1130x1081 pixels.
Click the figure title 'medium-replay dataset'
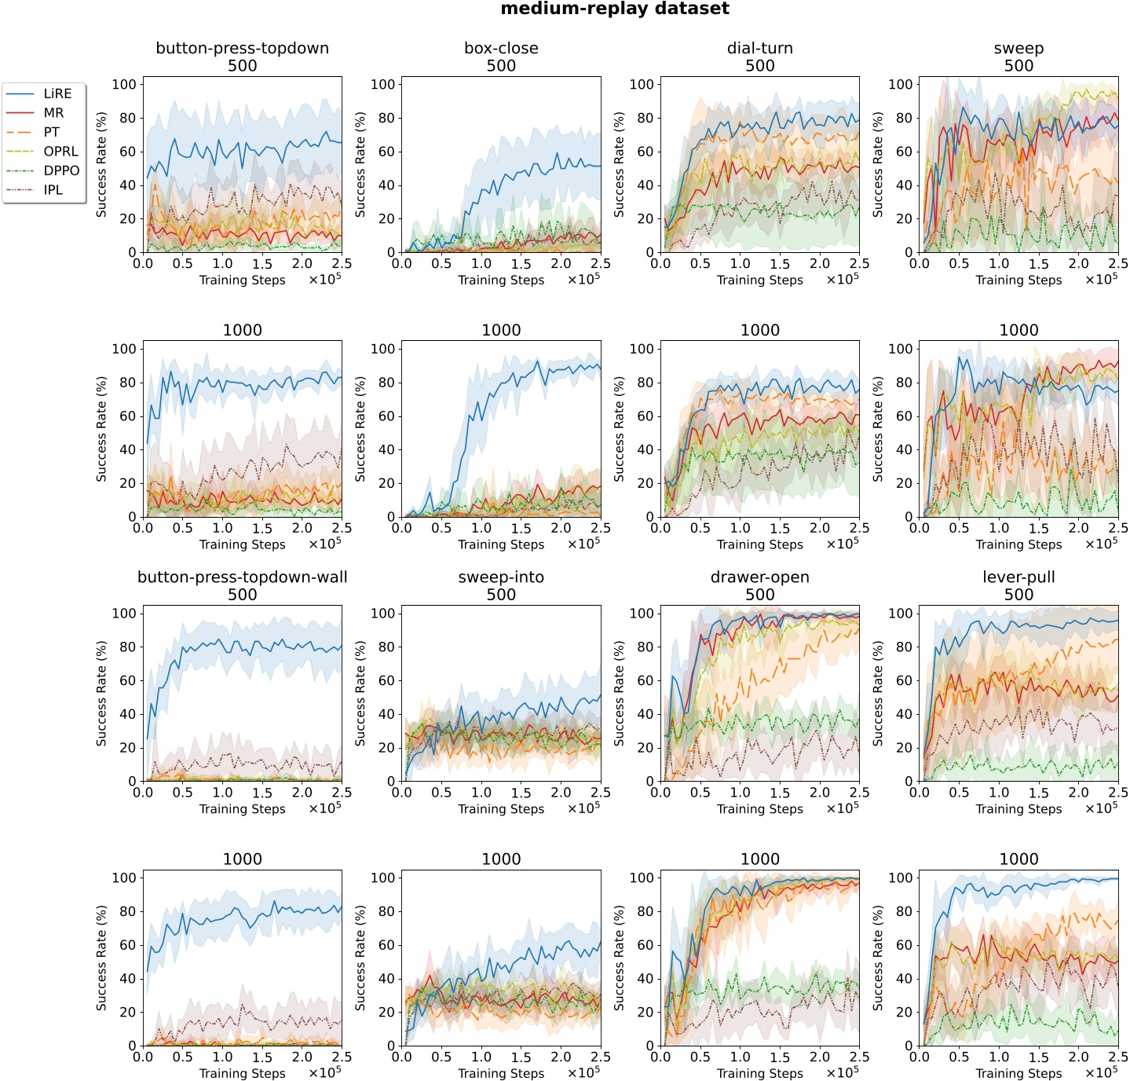click(x=615, y=9)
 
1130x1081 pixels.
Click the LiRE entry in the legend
click(x=57, y=93)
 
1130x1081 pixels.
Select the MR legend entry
click(x=53, y=113)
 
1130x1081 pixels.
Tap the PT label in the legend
click(x=51, y=132)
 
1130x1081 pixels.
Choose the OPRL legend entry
click(x=60, y=152)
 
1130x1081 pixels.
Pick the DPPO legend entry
click(x=61, y=170)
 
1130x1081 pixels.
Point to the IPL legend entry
click(x=53, y=190)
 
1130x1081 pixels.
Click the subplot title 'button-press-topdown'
click(x=242, y=48)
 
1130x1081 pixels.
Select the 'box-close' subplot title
click(x=501, y=48)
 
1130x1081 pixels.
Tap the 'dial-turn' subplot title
click(x=759, y=48)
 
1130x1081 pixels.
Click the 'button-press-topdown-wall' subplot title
click(x=242, y=577)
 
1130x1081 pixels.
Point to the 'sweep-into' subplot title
click(x=501, y=577)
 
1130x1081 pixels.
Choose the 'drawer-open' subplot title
click(x=759, y=577)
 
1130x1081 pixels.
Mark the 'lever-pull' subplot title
click(x=1018, y=577)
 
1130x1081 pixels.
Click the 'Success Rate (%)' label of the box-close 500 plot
click(x=360, y=165)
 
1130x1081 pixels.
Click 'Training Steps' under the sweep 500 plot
click(x=1018, y=280)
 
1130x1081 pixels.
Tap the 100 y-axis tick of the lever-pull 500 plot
click(x=900, y=614)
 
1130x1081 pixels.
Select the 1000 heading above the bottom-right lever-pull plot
click(x=1018, y=859)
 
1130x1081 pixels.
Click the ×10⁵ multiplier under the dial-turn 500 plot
click(x=842, y=279)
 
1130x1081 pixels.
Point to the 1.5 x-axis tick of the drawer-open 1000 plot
click(x=780, y=1057)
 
